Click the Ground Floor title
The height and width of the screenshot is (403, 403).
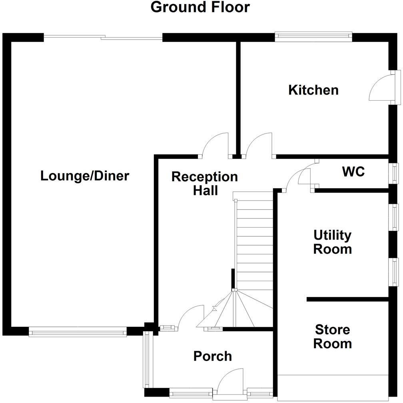(200, 7)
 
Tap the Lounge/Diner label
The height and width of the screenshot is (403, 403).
(85, 176)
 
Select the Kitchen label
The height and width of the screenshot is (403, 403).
(313, 90)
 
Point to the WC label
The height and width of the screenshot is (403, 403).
(353, 172)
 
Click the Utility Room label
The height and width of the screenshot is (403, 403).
(332, 242)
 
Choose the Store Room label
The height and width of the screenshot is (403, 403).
(332, 337)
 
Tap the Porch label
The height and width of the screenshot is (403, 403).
(212, 356)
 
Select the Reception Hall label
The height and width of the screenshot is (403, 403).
(204, 183)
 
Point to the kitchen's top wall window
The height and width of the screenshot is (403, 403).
(313, 37)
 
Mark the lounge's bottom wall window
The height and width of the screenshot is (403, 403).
(78, 332)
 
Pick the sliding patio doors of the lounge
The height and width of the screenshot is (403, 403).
(103, 38)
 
